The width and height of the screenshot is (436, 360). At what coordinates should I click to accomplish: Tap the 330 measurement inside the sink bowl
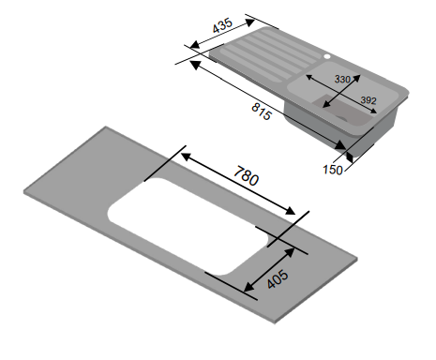tap(344, 80)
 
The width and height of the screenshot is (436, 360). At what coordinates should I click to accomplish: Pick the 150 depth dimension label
tap(331, 171)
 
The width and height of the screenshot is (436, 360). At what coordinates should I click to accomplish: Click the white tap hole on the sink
tap(327, 56)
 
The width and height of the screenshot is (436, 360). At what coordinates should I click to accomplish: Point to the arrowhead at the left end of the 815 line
tap(193, 62)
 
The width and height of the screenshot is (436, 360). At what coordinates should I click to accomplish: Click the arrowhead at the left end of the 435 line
tap(190, 47)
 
